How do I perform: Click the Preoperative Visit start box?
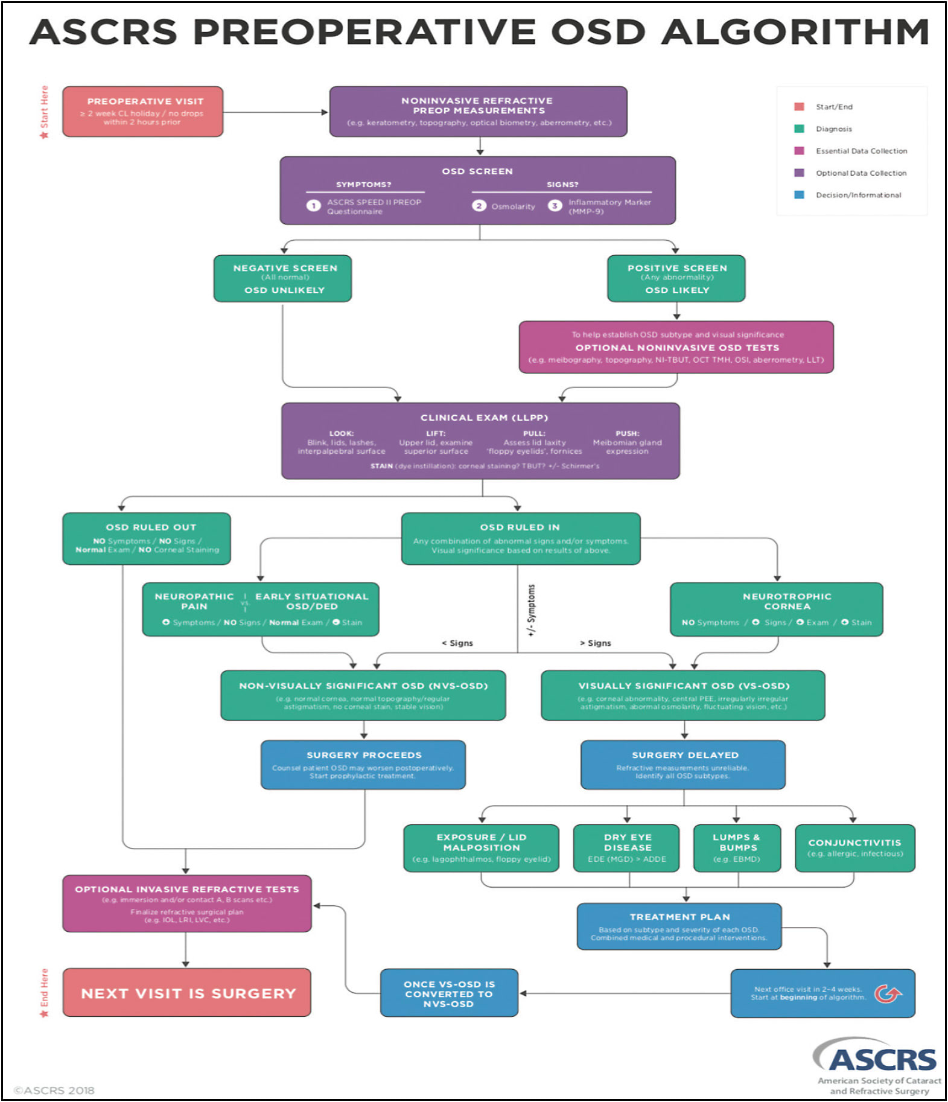(x=142, y=111)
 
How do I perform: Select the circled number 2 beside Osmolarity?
(x=479, y=206)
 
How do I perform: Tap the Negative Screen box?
(x=282, y=278)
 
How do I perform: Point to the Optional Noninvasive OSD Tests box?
(x=676, y=347)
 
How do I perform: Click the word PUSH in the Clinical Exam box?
(x=627, y=433)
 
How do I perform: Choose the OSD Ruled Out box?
(x=147, y=538)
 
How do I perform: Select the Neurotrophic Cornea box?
(x=776, y=609)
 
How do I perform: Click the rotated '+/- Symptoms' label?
(x=531, y=610)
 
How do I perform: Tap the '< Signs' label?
(x=457, y=643)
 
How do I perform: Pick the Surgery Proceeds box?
(x=363, y=765)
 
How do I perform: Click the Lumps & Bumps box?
(x=737, y=847)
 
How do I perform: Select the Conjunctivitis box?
(x=854, y=847)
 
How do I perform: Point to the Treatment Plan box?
(x=679, y=926)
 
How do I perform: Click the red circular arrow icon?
(x=887, y=993)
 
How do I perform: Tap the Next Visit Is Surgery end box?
(x=187, y=993)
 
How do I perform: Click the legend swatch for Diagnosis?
(x=799, y=129)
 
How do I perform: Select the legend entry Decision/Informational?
(x=857, y=195)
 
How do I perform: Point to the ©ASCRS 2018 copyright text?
(x=54, y=1091)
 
